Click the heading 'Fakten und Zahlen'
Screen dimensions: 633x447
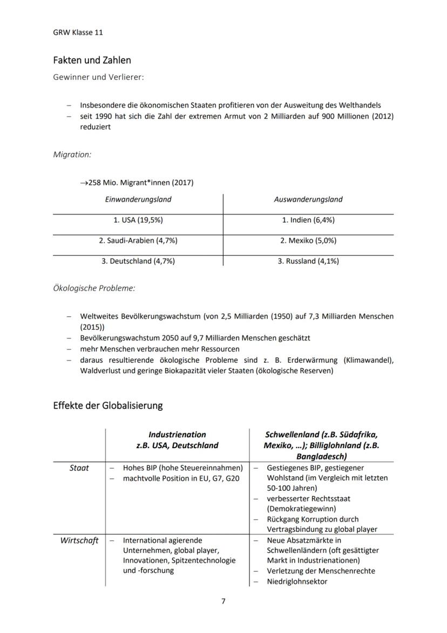[x=92, y=60]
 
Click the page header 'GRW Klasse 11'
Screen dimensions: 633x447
[x=78, y=32]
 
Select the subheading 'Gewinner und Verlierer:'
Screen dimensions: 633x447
[x=98, y=77]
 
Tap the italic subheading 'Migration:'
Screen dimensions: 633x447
[x=72, y=155]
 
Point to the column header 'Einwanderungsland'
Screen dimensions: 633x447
[x=138, y=199]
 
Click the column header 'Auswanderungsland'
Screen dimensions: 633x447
[x=308, y=199]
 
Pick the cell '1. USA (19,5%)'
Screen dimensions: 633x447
[x=138, y=220]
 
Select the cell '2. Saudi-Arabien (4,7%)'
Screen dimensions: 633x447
[x=138, y=241]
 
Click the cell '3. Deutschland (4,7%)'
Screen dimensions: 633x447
[x=138, y=261]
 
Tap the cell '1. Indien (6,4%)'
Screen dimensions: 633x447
[x=308, y=220]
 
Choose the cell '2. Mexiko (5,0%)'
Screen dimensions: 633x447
[x=308, y=241]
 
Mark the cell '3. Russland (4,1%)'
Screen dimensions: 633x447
[x=308, y=261]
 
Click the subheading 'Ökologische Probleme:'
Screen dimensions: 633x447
[x=94, y=288]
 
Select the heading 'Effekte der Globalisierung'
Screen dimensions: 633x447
[x=107, y=405]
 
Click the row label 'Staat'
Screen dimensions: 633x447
[x=79, y=468]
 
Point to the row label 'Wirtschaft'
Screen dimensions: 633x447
[x=79, y=541]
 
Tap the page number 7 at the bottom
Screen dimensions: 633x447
[x=223, y=602]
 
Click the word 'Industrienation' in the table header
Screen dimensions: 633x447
[x=177, y=435]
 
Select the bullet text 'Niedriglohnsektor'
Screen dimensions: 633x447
[x=297, y=582]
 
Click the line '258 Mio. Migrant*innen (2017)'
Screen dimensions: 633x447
[x=137, y=183]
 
